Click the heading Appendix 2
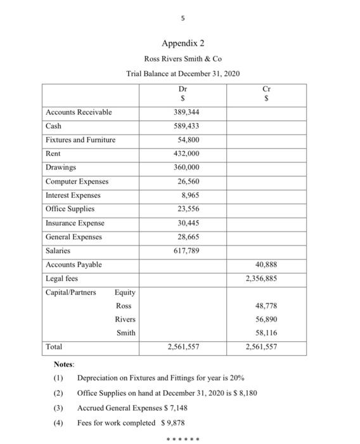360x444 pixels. [x=183, y=44]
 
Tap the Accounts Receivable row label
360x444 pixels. [x=79, y=112]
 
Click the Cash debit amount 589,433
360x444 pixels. [x=186, y=126]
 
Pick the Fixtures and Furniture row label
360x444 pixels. [x=80, y=140]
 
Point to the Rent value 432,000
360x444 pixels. [x=186, y=154]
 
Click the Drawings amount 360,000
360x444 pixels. [x=186, y=167]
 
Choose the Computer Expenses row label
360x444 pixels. [x=77, y=181]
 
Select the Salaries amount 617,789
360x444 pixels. [x=186, y=251]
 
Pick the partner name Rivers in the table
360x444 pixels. [x=125, y=319]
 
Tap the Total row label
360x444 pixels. [x=54, y=347]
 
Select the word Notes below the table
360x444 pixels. [x=64, y=365]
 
